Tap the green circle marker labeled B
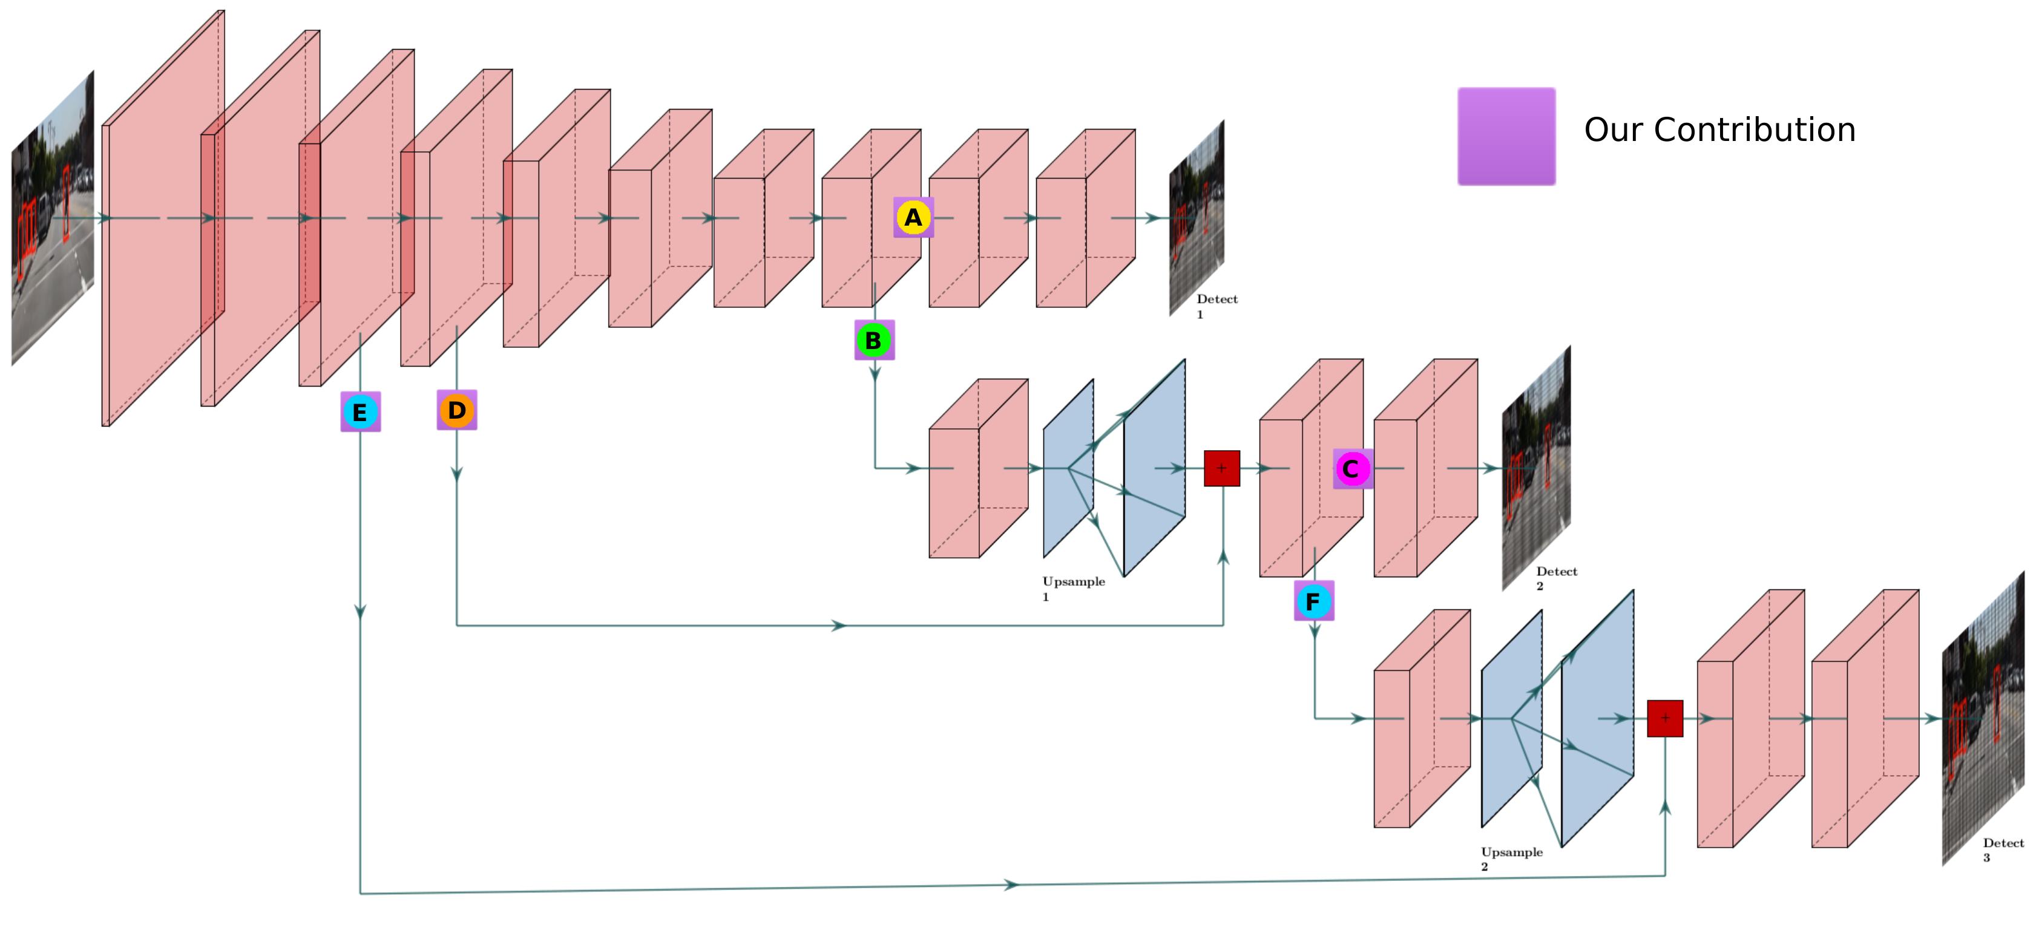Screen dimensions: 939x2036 tap(873, 341)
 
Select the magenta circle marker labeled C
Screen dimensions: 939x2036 tap(1351, 469)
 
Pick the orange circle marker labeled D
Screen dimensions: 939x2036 tap(457, 410)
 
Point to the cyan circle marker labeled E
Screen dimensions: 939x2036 tap(360, 412)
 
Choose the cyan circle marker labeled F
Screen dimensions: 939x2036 tap(1313, 601)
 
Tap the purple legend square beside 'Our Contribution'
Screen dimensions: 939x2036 tap(1506, 137)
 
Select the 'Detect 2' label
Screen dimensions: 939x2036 tap(1555, 578)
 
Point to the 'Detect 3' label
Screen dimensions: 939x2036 tap(2002, 849)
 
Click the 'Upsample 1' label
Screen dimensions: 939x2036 tap(1072, 588)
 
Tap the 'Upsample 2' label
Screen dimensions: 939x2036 tap(1511, 859)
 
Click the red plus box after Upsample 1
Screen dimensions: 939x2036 tap(1221, 469)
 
